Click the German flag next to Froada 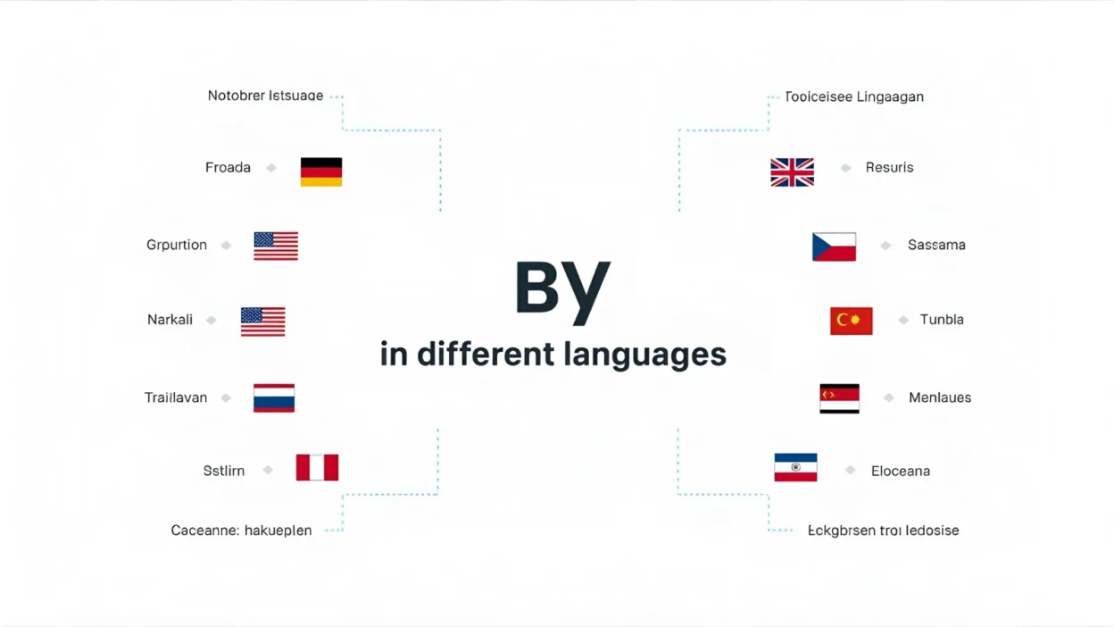coord(321,171)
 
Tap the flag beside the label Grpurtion coord(276,246)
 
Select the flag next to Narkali coord(262,322)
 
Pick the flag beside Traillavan coord(274,397)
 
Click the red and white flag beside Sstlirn coord(317,467)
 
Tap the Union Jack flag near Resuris coord(792,171)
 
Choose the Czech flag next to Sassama coord(834,247)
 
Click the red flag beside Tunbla coord(851,321)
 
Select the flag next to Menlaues coord(839,398)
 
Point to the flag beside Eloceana coord(795,468)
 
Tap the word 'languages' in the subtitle coord(644,355)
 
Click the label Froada coord(228,168)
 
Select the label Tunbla coord(942,320)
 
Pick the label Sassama coord(936,245)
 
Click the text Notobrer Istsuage coord(265,96)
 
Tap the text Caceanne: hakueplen coord(241,531)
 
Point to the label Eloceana coord(900,471)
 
